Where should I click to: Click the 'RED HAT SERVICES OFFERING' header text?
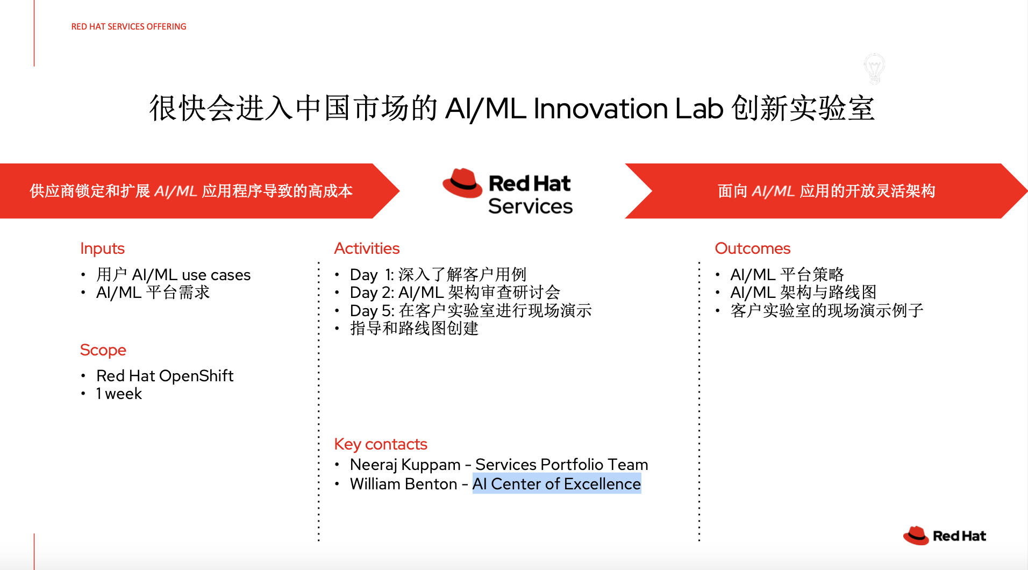coord(128,26)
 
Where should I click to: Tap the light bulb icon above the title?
coord(874,68)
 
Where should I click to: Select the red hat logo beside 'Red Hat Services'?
coord(462,183)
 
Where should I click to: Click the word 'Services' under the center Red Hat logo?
coord(530,206)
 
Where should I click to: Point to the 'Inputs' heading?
coord(102,248)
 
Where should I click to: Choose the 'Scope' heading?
coord(103,350)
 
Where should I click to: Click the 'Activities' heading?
coord(367,248)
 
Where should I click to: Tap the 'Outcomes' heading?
coord(752,248)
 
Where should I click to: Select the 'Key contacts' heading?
coord(380,444)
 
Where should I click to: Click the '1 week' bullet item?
coord(119,394)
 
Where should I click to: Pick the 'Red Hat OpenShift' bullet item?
coord(165,376)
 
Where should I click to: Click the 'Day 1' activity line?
coord(438,275)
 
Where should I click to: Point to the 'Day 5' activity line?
coord(470,311)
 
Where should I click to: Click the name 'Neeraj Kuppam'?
coord(405,465)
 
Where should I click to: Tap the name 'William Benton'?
coord(403,484)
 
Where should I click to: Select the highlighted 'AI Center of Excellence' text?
coord(556,484)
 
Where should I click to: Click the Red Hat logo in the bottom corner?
coord(944,536)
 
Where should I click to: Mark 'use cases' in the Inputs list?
coord(216,275)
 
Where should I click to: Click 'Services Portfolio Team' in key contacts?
coord(562,465)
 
